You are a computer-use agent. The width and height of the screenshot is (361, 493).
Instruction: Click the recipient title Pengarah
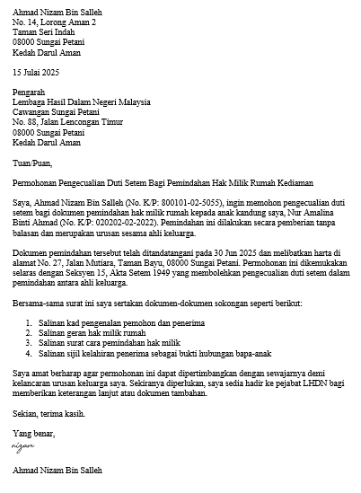pos(31,91)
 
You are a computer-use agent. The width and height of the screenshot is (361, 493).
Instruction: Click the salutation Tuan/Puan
pos(32,163)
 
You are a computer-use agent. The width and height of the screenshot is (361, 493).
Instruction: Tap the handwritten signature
pos(22,445)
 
